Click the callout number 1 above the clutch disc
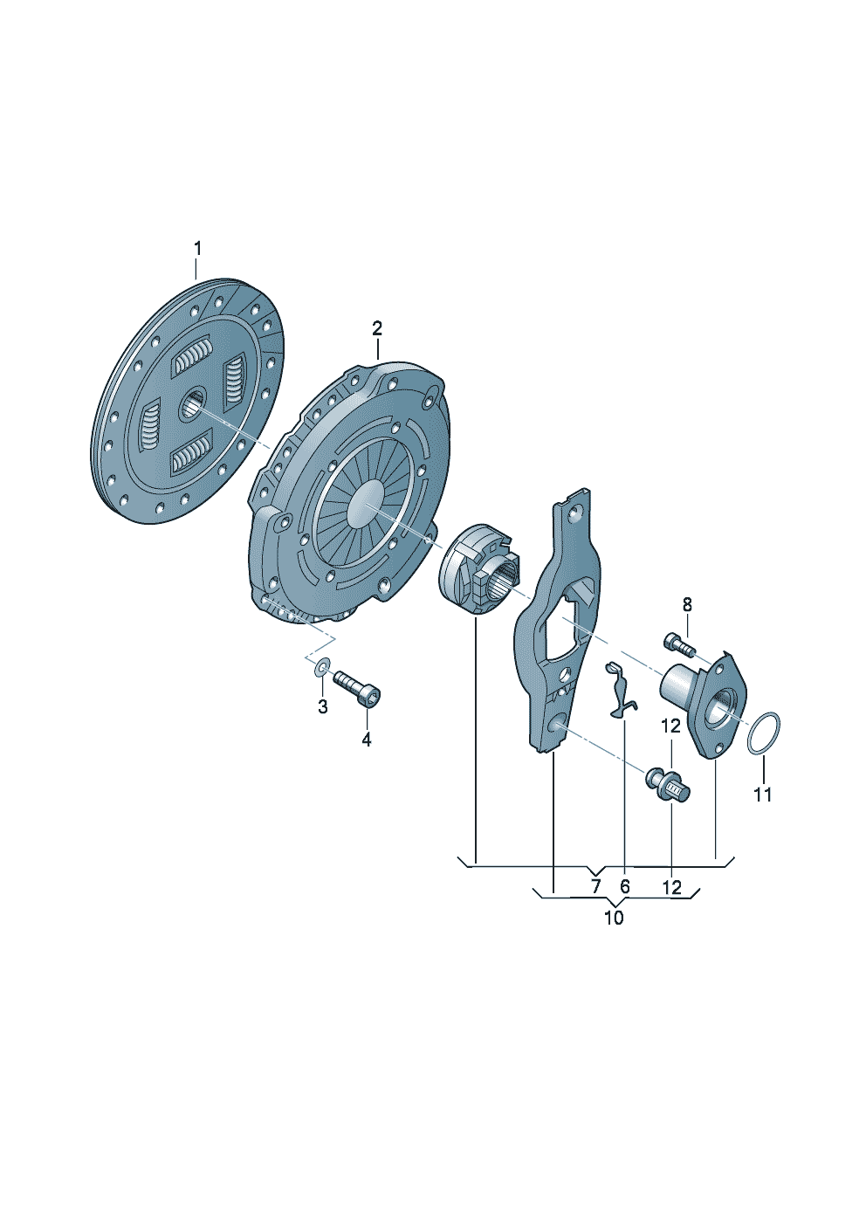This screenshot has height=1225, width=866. click(x=197, y=250)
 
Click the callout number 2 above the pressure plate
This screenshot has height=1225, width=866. click(x=376, y=328)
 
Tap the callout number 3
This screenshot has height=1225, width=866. click(x=322, y=706)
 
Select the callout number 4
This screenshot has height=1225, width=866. click(x=367, y=740)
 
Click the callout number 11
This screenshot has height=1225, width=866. click(x=763, y=794)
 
